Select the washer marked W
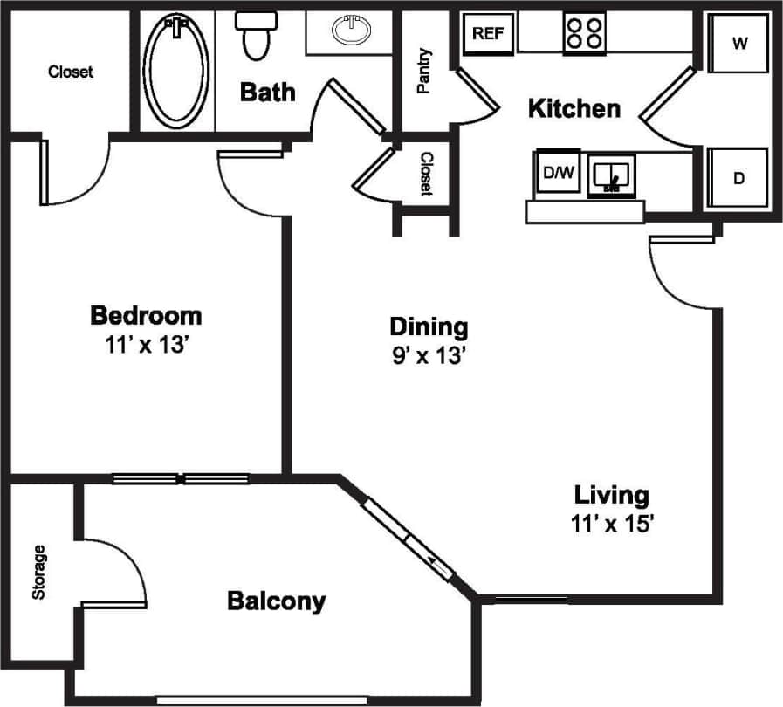pos(738,44)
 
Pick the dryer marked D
pos(738,179)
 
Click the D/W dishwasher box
pos(559,172)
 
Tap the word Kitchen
pos(574,109)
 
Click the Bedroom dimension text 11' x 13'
pos(146,344)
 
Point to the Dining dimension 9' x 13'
pos(428,356)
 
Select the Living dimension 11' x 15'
pos(611,525)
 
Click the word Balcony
pos(276,601)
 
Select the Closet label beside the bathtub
pos(71,72)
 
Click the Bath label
pos(268,92)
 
